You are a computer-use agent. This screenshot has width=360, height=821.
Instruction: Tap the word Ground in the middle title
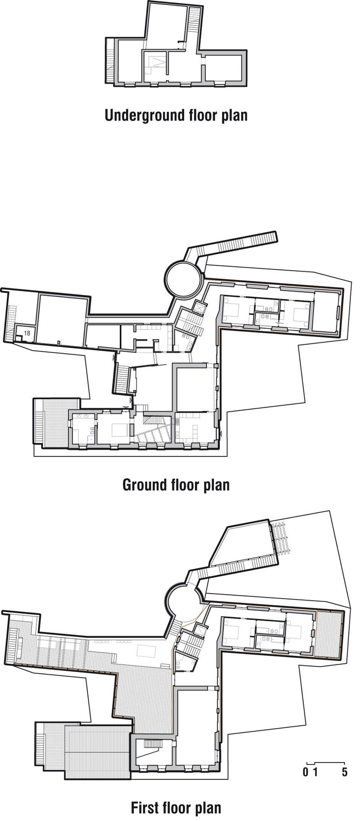point(145,485)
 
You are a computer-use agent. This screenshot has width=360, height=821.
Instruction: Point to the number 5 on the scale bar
point(345,772)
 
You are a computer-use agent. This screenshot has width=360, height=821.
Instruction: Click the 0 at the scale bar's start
point(306,772)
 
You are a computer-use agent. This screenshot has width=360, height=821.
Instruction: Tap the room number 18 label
point(27,332)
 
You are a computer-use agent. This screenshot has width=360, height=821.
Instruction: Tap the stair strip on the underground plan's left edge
point(110,60)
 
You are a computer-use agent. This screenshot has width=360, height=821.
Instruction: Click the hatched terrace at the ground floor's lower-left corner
point(56,423)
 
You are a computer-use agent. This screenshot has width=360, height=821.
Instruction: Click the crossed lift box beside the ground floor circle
point(198,308)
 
